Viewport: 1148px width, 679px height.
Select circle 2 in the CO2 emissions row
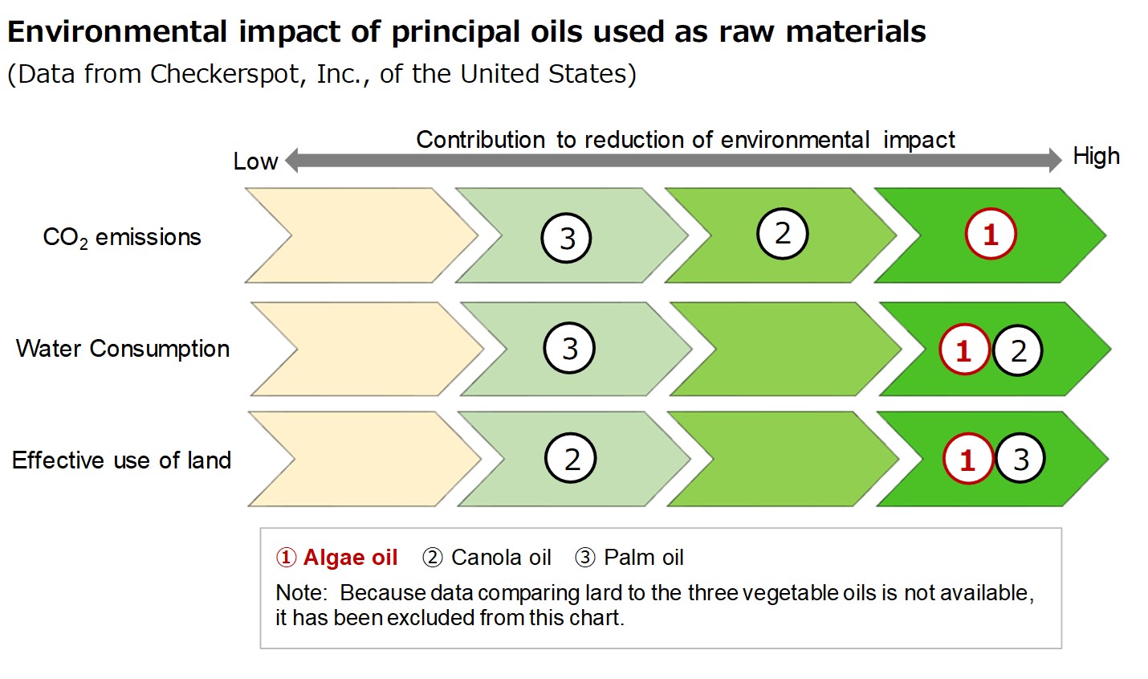point(782,233)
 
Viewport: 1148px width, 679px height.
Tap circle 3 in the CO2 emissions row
point(566,238)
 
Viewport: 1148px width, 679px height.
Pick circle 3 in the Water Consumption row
point(569,348)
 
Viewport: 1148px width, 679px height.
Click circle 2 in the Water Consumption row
point(1017,351)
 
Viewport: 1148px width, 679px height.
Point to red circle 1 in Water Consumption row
point(964,350)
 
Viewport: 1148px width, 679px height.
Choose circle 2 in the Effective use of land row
point(570,458)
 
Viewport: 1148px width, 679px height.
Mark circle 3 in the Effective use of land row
point(1020,459)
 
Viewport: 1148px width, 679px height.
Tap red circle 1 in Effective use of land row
point(967,459)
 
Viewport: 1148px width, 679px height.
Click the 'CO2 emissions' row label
point(122,238)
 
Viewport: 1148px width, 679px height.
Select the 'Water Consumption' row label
point(123,349)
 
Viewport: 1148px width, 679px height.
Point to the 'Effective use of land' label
point(121,460)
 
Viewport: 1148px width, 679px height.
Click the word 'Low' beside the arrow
point(255,162)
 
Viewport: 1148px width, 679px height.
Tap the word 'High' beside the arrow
point(1097,157)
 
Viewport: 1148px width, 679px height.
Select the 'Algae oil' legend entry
point(336,558)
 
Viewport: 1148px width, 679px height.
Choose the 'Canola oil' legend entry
point(486,558)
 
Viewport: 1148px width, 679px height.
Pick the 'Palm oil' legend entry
point(629,558)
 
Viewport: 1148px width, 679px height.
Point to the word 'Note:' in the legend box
point(301,593)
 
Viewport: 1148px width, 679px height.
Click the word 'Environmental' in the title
point(117,32)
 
